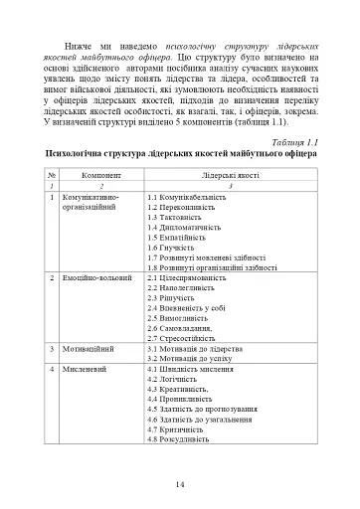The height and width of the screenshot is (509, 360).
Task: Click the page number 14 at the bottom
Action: (180, 484)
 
